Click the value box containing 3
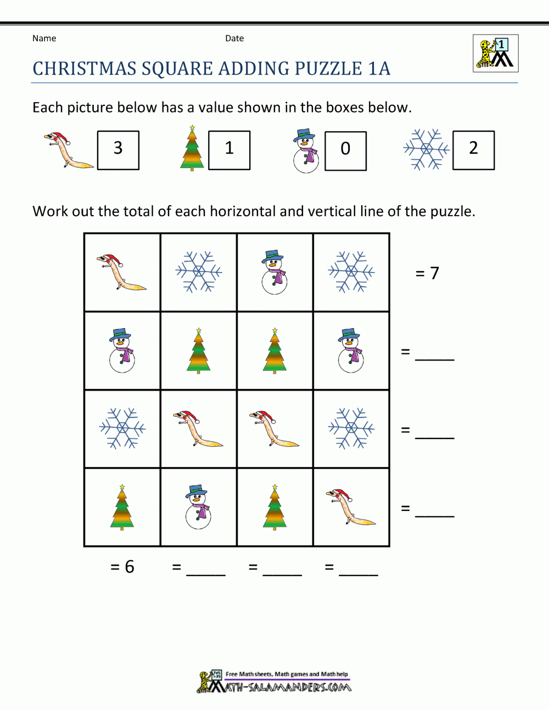tap(118, 150)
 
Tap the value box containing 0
tap(345, 150)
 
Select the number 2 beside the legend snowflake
tap(473, 148)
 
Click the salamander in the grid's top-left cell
tap(121, 272)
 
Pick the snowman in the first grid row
tap(274, 272)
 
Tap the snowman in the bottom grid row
tap(198, 506)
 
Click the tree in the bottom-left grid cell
tap(122, 506)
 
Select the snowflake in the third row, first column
tap(122, 428)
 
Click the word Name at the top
tap(44, 38)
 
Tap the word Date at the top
tap(234, 38)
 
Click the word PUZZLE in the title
tap(328, 69)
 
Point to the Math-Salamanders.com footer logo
tap(274, 682)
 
